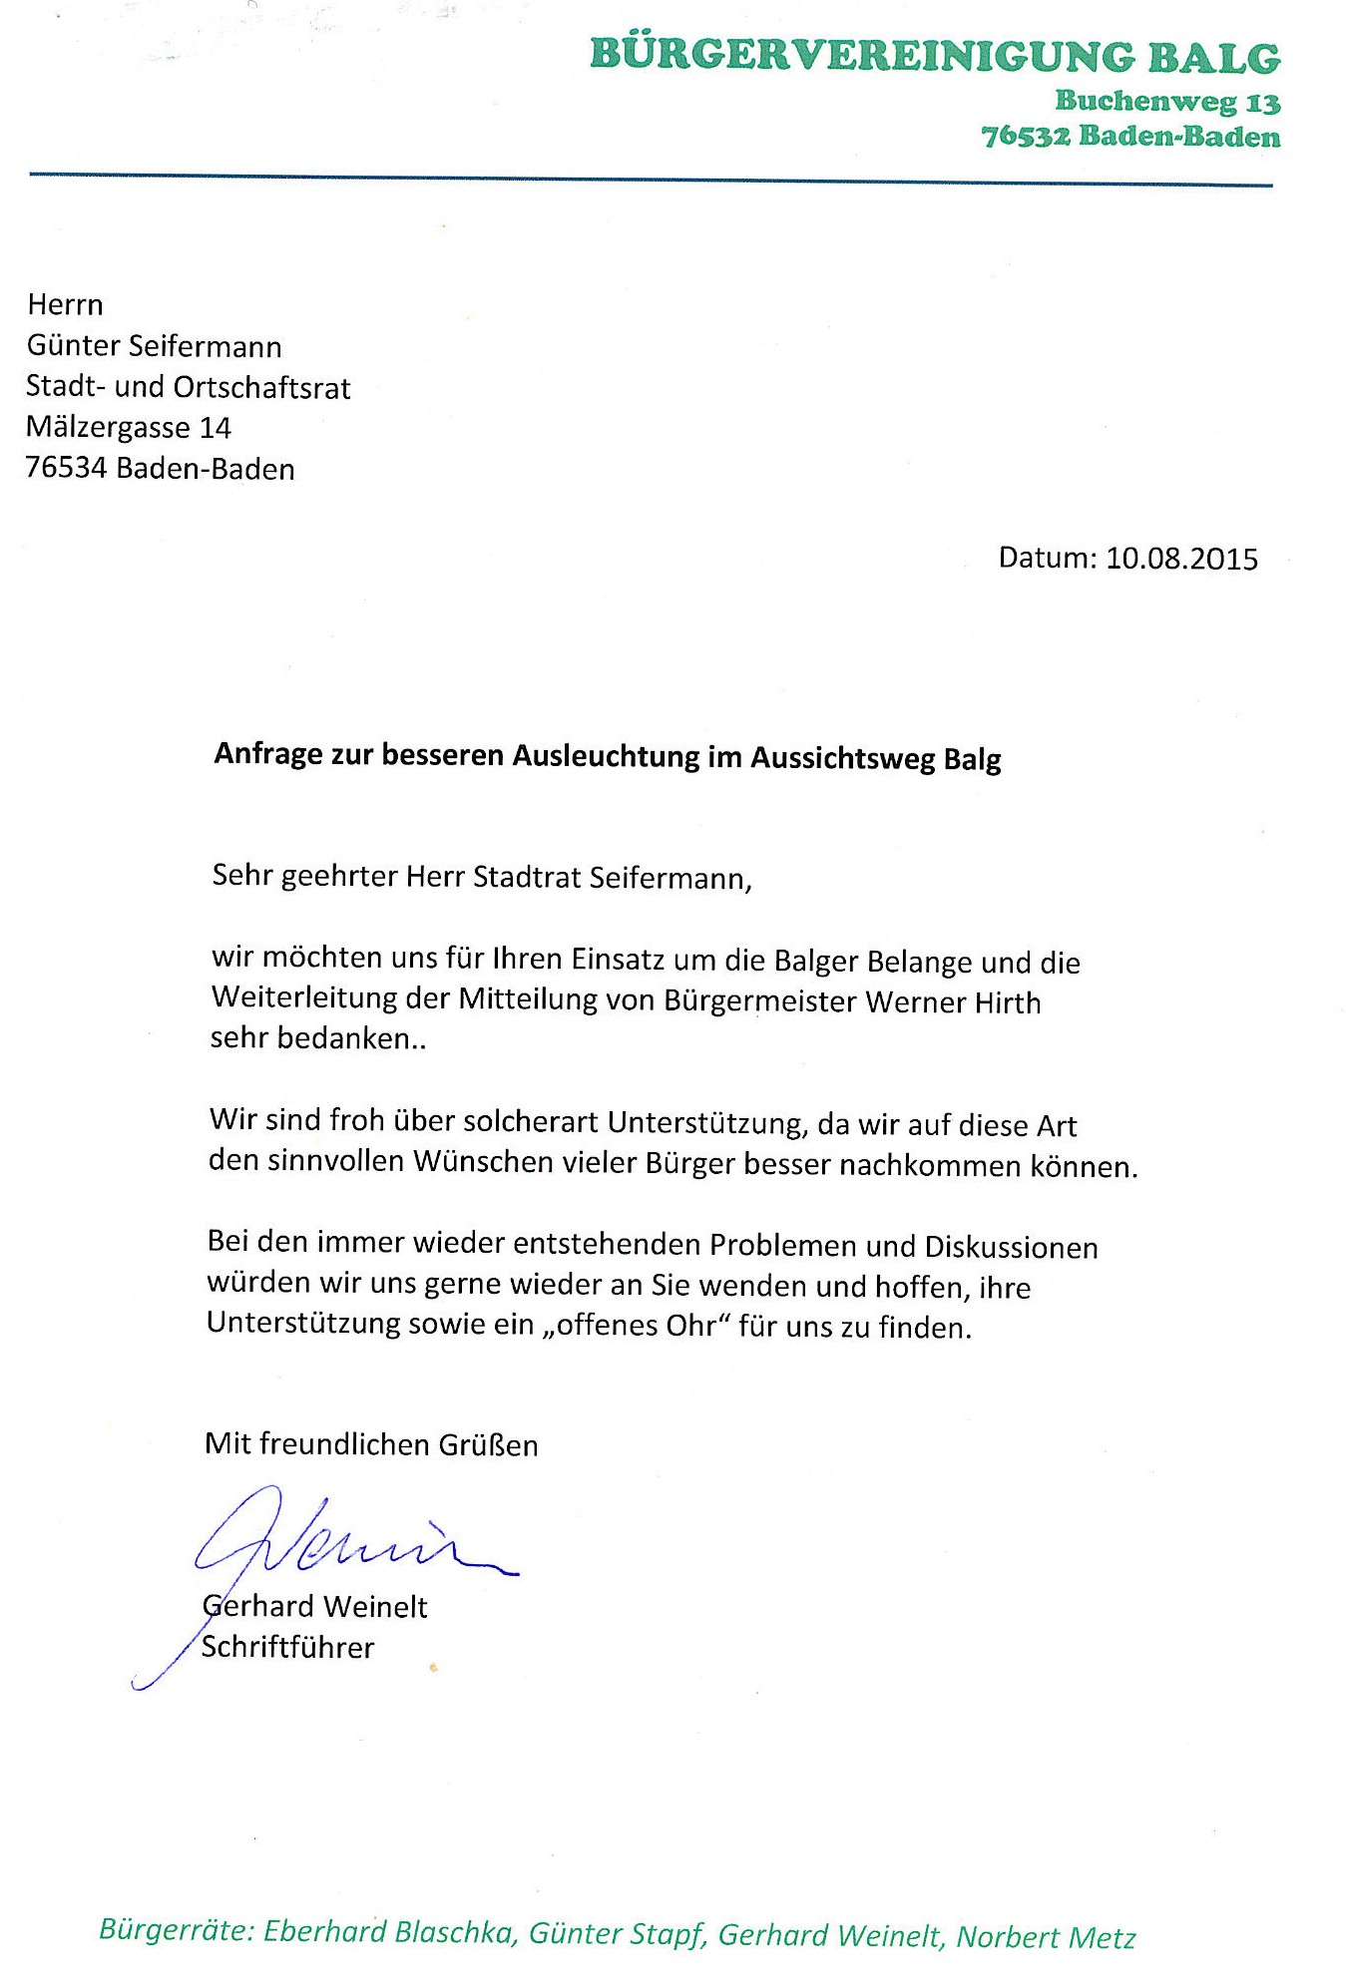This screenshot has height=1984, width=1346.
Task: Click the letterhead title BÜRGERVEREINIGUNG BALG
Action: (935, 57)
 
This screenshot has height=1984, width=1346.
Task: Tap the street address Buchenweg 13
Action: (1167, 102)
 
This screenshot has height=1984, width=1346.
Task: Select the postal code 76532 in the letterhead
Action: (1026, 137)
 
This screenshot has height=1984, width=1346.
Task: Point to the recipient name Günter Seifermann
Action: (154, 346)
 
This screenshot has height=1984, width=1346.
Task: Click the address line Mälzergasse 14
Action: (128, 428)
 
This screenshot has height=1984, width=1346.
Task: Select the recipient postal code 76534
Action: (66, 468)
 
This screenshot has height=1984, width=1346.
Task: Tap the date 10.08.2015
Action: (1181, 558)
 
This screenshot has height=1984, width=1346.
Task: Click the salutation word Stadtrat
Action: (526, 878)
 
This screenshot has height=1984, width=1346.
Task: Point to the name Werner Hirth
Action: (953, 1001)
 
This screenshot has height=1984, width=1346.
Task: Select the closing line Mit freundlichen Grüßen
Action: (371, 1444)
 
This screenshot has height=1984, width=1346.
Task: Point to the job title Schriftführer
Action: (287, 1647)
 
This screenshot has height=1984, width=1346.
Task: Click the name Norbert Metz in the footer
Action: (1046, 1937)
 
